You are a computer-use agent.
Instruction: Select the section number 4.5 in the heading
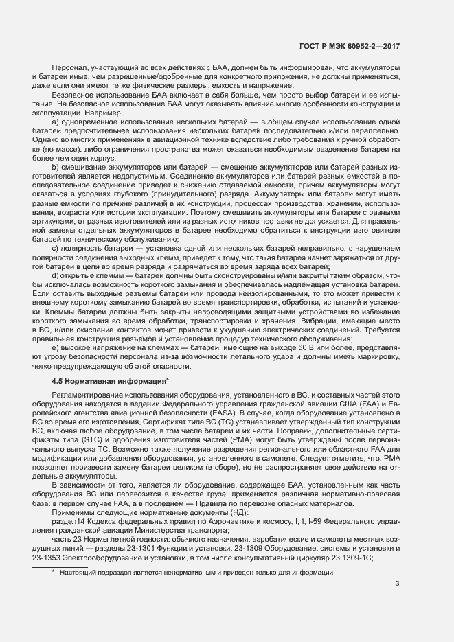pyautogui.click(x=58, y=380)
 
